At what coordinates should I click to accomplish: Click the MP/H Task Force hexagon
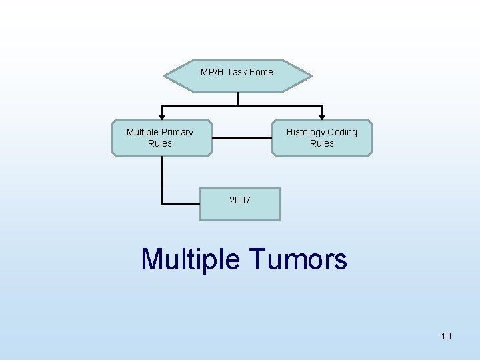click(238, 75)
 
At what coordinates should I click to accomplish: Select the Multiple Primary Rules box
click(161, 138)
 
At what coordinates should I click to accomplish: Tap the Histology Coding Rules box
click(322, 138)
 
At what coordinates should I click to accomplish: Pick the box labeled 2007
click(240, 203)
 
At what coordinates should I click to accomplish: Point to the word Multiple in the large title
click(190, 259)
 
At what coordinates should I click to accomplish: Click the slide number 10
click(446, 336)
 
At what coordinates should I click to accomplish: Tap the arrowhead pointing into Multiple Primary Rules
click(161, 117)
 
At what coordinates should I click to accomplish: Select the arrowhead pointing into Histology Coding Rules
click(322, 117)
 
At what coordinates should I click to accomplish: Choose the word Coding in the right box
click(342, 132)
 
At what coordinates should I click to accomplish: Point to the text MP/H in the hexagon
click(212, 72)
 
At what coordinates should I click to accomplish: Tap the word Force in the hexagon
click(261, 72)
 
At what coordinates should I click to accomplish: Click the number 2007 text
click(240, 199)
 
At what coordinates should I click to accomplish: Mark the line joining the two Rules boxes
click(242, 138)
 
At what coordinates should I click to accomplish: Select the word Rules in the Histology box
click(322, 143)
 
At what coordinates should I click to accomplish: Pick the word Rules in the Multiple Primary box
click(160, 143)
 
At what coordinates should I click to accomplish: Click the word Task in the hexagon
click(237, 72)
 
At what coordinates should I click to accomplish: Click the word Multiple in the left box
click(143, 132)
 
